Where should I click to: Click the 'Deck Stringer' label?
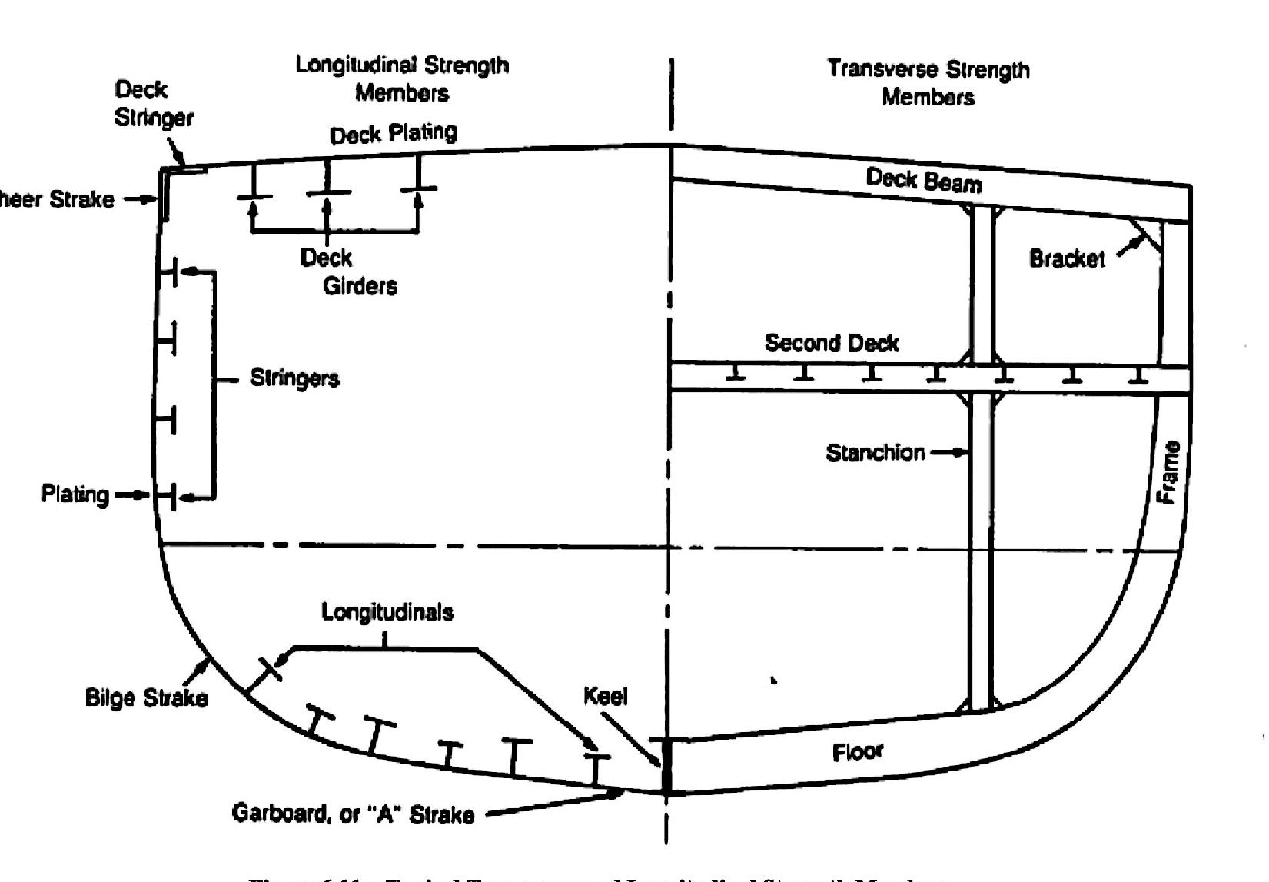coord(153,104)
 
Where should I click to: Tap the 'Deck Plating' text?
coord(393,134)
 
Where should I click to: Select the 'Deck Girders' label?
coord(348,271)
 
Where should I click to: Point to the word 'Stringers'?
coord(294,378)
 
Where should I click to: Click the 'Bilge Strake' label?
coord(146,698)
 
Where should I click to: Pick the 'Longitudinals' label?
coord(387,612)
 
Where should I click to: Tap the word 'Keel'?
coord(606,697)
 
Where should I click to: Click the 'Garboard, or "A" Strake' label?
coord(353,814)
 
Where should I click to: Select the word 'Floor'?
coord(858,751)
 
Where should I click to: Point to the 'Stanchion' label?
coord(875,453)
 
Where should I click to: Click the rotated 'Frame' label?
coord(1169,472)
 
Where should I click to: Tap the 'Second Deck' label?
coord(832,343)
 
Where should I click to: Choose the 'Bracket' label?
coord(1067,258)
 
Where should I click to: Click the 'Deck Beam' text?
coord(924,181)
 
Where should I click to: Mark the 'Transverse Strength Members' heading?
coord(928,83)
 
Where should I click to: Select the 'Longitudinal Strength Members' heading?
coord(402,78)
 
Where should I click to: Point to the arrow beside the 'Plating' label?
coord(133,494)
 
